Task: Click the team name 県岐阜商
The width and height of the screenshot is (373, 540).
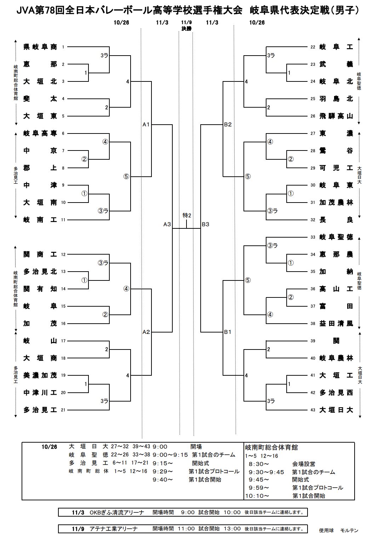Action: coord(40,47)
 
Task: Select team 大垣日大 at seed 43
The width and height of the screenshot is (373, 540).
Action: coord(336,410)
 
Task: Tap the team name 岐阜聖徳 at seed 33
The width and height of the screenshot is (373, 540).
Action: coord(336,237)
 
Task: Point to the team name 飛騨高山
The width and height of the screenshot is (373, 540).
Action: coord(336,116)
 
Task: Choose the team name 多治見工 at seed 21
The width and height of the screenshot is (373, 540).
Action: coord(40,410)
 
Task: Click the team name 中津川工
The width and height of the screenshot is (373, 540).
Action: coord(40,393)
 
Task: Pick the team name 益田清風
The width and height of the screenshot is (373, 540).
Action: coord(336,323)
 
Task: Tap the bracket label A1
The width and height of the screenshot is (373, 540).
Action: coord(147,124)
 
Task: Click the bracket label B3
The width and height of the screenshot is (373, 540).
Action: coord(206,224)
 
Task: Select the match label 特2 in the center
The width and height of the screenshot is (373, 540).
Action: coord(187,215)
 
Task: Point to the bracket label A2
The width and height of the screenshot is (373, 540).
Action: coord(147,332)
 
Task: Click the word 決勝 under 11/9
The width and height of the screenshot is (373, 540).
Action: coord(186,29)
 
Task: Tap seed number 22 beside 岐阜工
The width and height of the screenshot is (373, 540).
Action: coord(312,47)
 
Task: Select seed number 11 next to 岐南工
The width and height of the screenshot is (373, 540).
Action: coord(63,220)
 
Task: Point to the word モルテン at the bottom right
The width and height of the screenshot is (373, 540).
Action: coord(349,530)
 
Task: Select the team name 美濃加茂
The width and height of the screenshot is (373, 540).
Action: coord(40,375)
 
